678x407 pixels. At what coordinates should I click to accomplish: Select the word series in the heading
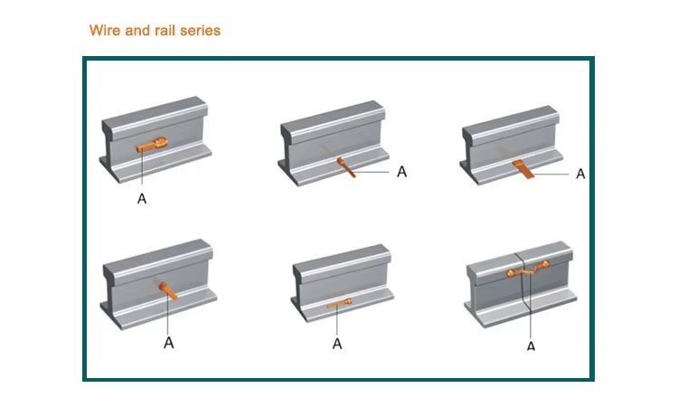(x=201, y=30)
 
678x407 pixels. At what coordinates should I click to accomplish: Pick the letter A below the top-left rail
(x=142, y=199)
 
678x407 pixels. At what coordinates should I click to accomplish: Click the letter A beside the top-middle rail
(x=401, y=171)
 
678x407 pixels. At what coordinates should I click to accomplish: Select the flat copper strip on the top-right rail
(x=521, y=168)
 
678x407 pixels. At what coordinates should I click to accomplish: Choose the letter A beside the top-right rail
(x=580, y=173)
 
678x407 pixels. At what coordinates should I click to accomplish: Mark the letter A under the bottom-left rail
(x=168, y=343)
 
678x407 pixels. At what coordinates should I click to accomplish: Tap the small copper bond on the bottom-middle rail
(x=338, y=305)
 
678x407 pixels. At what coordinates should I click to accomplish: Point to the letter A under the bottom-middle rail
(x=337, y=343)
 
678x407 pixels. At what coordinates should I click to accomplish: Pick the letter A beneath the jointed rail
(x=531, y=345)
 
